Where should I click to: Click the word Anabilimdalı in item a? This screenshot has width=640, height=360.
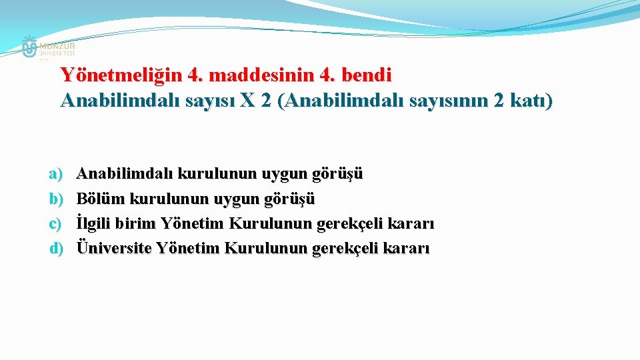(125, 174)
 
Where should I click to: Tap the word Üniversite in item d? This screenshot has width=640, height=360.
(114, 248)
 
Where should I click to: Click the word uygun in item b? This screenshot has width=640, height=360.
(243, 199)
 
